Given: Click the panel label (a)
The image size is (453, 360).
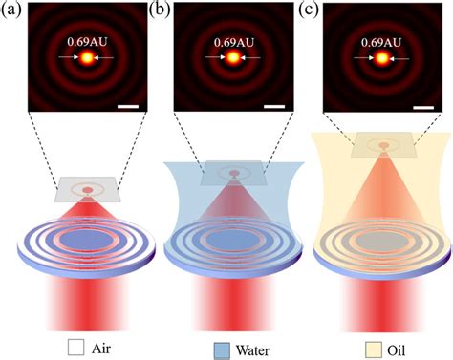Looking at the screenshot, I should (x=12, y=11).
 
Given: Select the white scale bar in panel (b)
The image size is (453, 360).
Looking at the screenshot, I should (x=273, y=95).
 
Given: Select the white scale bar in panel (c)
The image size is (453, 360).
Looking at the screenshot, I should (x=422, y=95).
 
